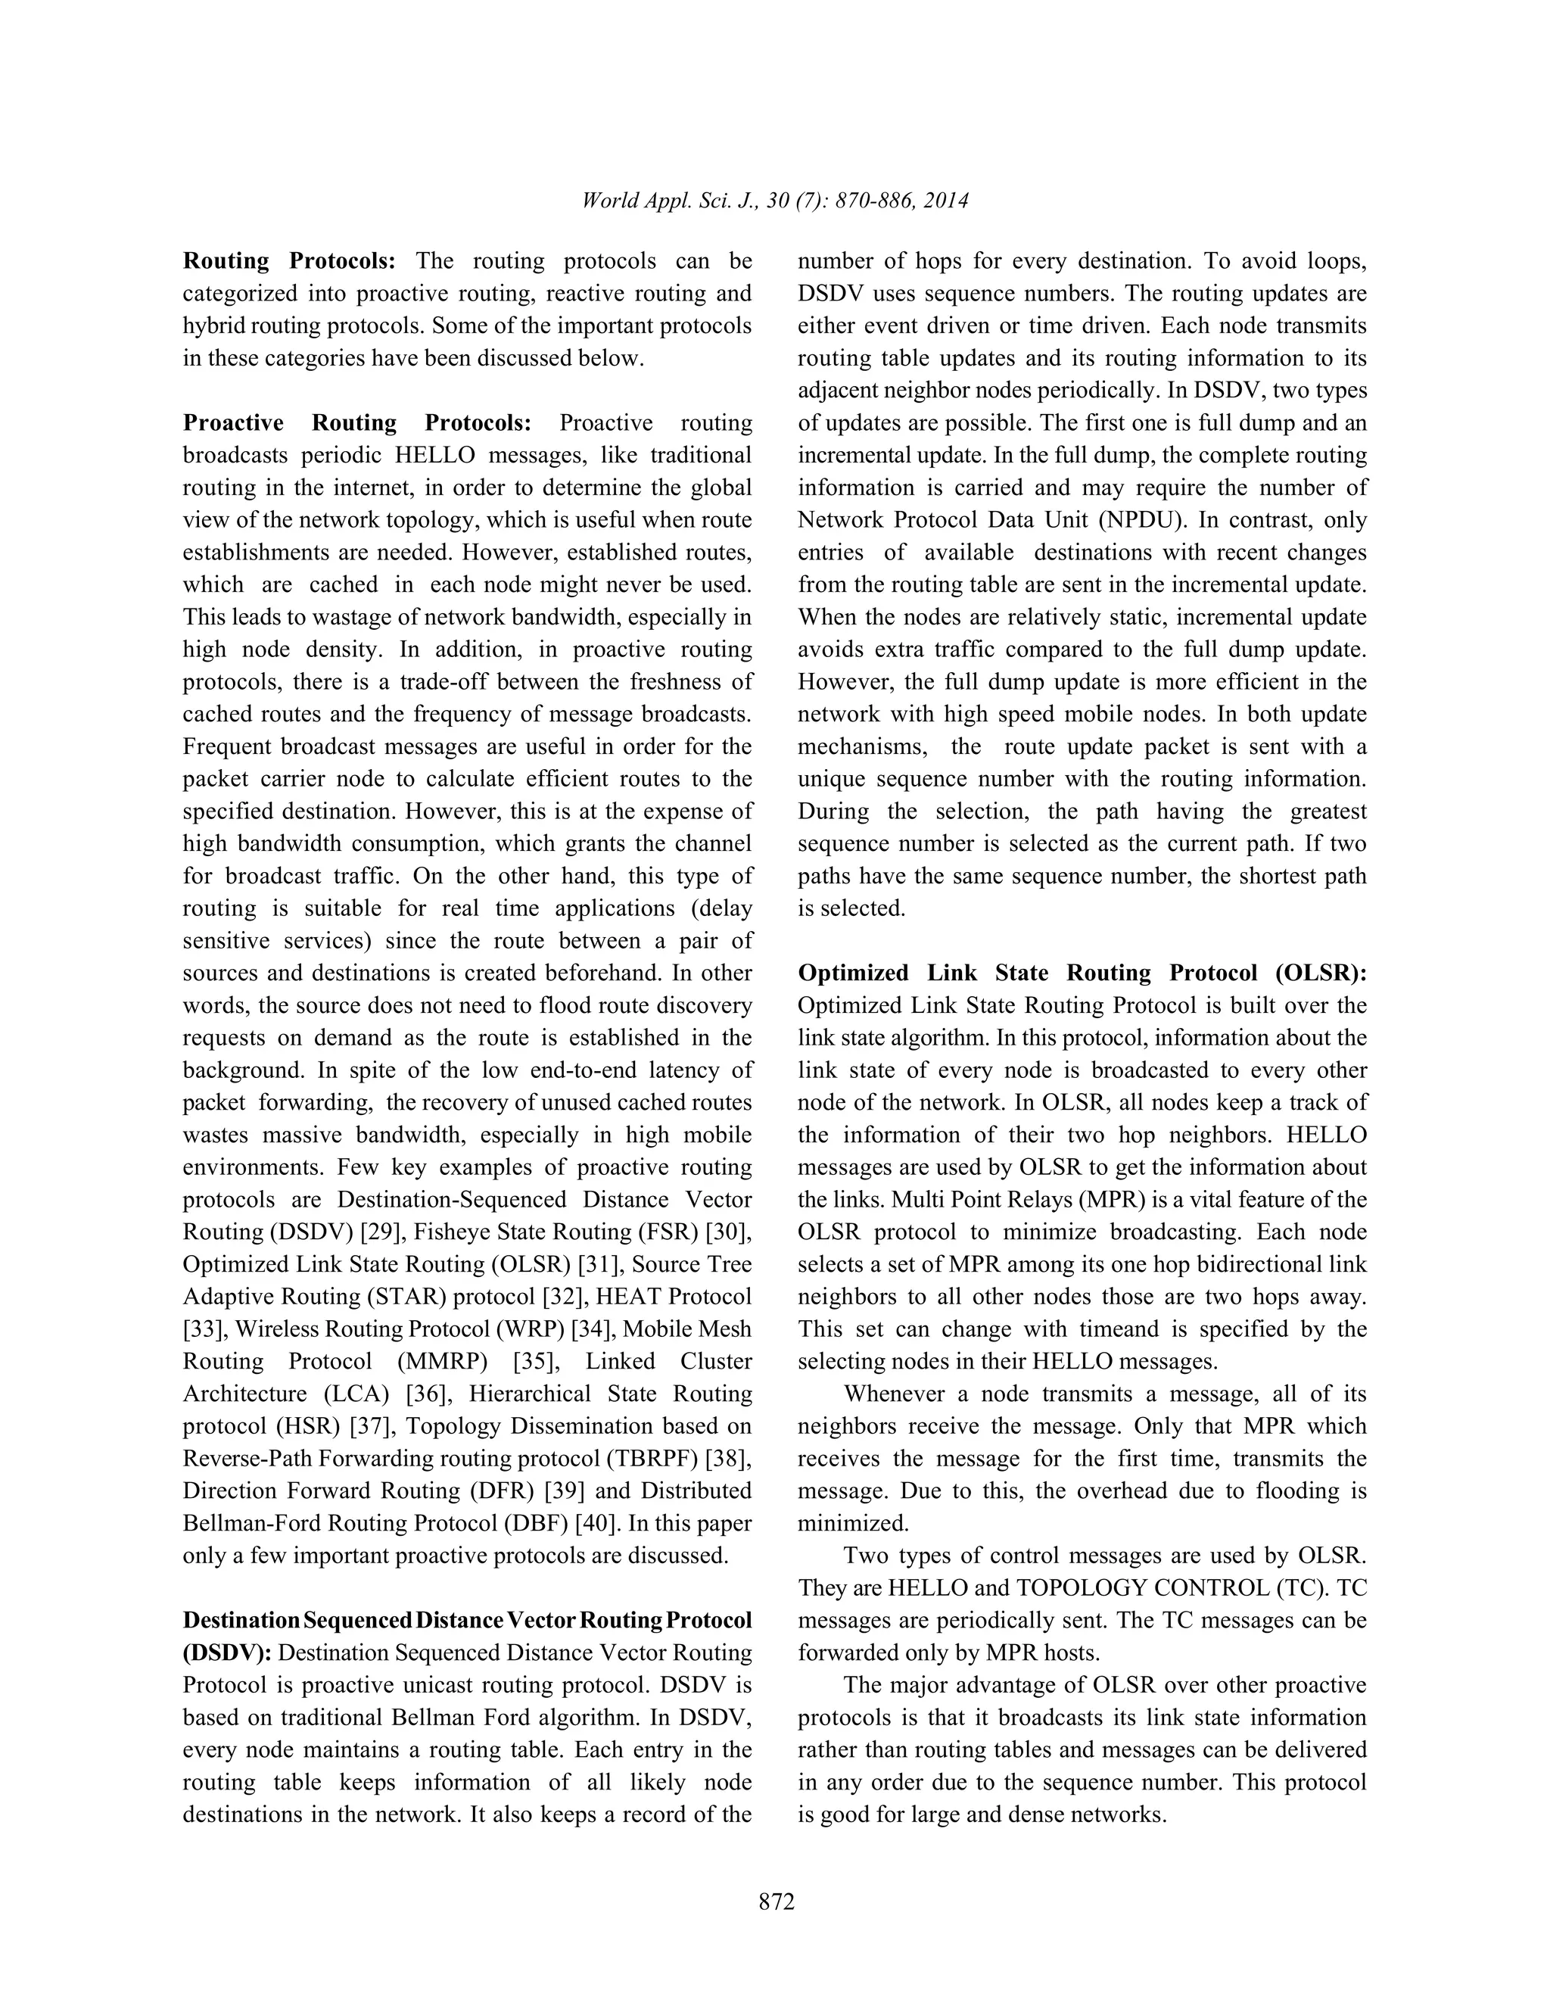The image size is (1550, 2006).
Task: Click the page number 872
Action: (776, 1902)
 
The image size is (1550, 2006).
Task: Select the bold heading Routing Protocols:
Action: (289, 261)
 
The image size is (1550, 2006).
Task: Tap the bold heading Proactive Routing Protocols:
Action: (357, 422)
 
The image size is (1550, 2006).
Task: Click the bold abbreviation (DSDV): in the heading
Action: (227, 1653)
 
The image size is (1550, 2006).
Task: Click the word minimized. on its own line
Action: (853, 1524)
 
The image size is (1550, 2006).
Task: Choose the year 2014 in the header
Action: (946, 201)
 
